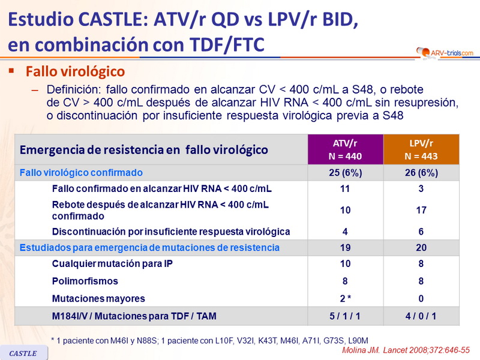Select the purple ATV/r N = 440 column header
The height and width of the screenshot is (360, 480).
(344, 149)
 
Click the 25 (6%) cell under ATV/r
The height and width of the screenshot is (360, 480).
(344, 173)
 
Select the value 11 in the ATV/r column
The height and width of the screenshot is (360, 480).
(344, 188)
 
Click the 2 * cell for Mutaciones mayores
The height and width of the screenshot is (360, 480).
(344, 298)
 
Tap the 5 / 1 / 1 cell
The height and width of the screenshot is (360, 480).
(344, 316)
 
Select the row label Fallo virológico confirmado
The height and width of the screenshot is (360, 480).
(81, 173)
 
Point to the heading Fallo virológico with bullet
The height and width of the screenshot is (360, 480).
(75, 72)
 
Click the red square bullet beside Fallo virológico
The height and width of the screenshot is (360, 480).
(11, 71)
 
